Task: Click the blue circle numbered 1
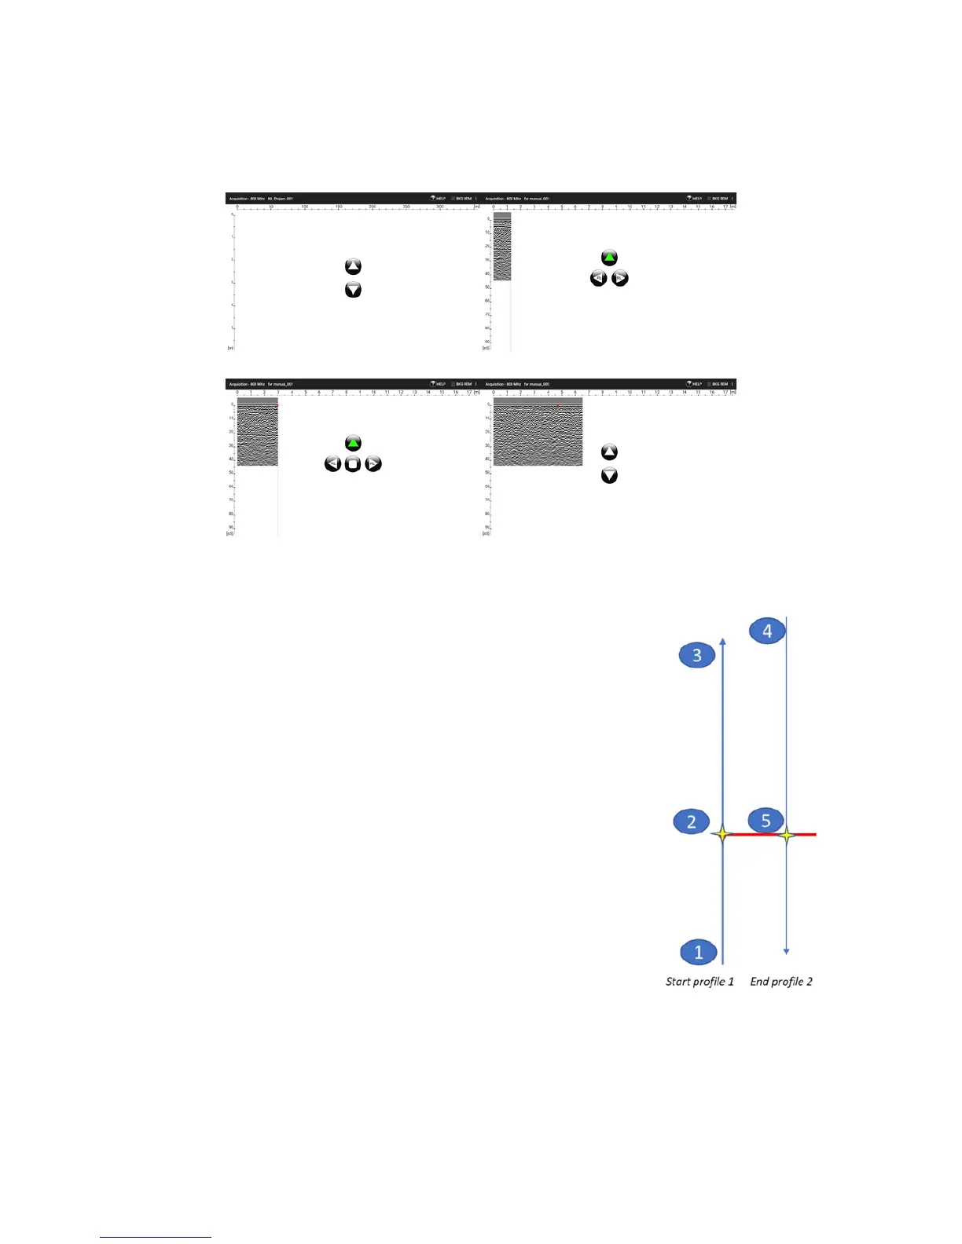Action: (698, 952)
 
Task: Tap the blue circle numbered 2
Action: (692, 821)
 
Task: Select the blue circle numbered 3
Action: (696, 655)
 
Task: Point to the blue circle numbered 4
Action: (767, 630)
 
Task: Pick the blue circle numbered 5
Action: (766, 820)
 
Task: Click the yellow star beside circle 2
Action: (722, 834)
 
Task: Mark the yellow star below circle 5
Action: (787, 835)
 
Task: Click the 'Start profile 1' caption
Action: (699, 982)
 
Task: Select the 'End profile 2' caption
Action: (781, 982)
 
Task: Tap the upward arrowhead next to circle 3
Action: (722, 642)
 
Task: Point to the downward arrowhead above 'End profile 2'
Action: (787, 951)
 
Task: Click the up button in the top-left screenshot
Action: (353, 267)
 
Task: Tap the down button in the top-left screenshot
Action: (353, 291)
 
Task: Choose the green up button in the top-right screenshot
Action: (609, 258)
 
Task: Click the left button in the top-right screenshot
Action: (598, 279)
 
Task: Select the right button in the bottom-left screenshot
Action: (373, 464)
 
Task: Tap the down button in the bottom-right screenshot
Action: (609, 476)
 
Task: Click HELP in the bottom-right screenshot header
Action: (695, 384)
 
